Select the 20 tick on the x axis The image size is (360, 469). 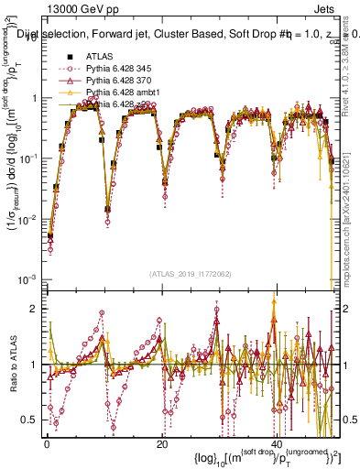161,444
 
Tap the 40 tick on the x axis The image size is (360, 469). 277,444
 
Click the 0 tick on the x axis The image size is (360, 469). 46,444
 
